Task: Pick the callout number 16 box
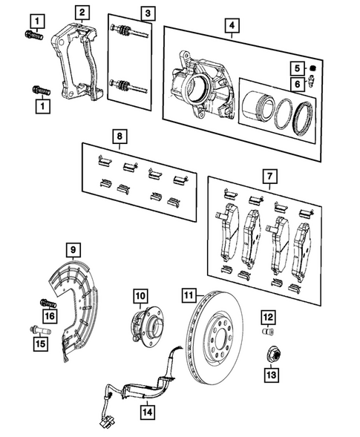click(50, 317)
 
